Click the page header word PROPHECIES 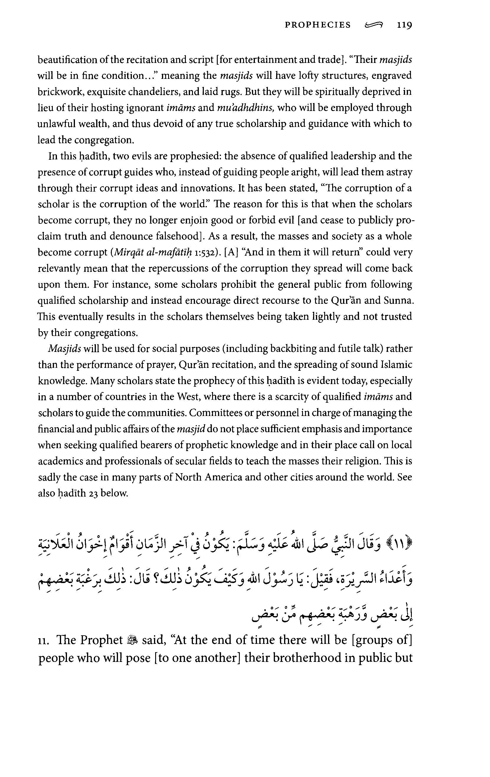[317, 25]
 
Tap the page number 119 [404, 25]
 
